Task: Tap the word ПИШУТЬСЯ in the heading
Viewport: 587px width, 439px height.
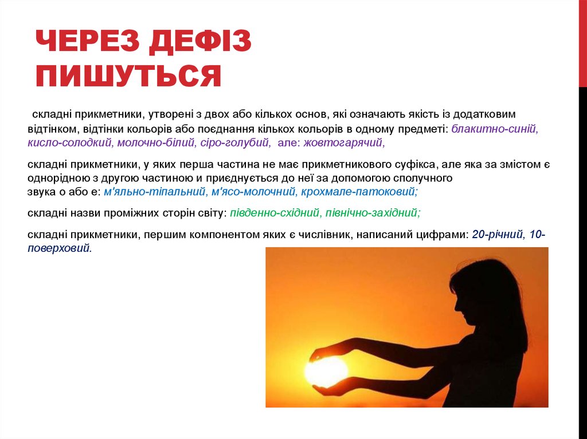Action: tap(129, 76)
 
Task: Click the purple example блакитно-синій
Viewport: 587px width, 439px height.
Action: tap(495, 129)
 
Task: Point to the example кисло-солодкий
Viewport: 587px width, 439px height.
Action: tap(69, 143)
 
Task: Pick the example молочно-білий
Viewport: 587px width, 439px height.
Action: tap(156, 143)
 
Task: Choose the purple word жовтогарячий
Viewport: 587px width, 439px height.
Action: tap(344, 143)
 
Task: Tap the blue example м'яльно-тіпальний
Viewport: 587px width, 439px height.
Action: tap(154, 192)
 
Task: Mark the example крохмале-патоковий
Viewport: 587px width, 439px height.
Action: tap(359, 192)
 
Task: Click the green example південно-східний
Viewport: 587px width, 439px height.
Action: tap(275, 213)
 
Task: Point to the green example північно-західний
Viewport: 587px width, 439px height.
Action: tap(373, 213)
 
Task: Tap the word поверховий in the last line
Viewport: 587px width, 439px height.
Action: tap(60, 248)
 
